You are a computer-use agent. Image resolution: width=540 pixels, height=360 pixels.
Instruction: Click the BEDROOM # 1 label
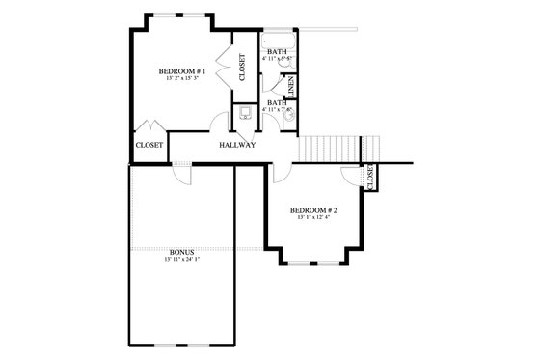tap(181, 71)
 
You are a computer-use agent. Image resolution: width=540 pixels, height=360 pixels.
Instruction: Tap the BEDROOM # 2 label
tap(314, 209)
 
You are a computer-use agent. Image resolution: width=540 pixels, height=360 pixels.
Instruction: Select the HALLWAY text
tap(236, 146)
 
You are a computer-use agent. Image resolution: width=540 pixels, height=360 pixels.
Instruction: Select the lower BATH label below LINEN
tap(276, 102)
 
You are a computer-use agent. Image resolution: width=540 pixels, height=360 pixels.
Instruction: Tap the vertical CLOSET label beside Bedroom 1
tap(241, 67)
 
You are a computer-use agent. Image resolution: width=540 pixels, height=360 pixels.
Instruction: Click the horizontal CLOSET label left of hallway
tap(148, 146)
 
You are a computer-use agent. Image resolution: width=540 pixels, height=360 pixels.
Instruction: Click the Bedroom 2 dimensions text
tap(314, 219)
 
